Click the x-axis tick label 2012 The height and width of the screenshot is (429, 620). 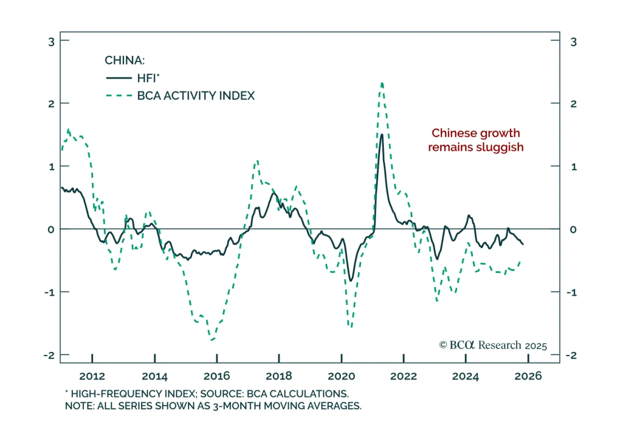[92, 376]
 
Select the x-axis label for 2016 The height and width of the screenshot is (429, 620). [217, 376]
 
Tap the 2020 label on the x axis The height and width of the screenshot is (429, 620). [341, 376]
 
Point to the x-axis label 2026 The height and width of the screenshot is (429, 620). [528, 376]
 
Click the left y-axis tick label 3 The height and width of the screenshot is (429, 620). [51, 42]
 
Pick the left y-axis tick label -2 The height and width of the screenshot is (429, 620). [49, 355]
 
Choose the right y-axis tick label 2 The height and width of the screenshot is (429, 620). [573, 104]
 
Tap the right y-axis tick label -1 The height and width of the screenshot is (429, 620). [572, 292]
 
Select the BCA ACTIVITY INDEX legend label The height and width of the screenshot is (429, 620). [196, 96]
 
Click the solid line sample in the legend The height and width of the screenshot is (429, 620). [119, 78]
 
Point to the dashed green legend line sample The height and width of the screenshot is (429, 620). [119, 96]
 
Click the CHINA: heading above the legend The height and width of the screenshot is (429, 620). [124, 60]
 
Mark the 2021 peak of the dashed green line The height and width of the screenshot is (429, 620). [382, 83]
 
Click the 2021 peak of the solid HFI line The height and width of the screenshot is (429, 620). [382, 135]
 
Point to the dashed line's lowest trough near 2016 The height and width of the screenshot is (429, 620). [212, 340]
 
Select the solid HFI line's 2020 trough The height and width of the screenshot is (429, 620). [351, 280]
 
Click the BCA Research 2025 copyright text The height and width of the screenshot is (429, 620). [493, 345]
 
